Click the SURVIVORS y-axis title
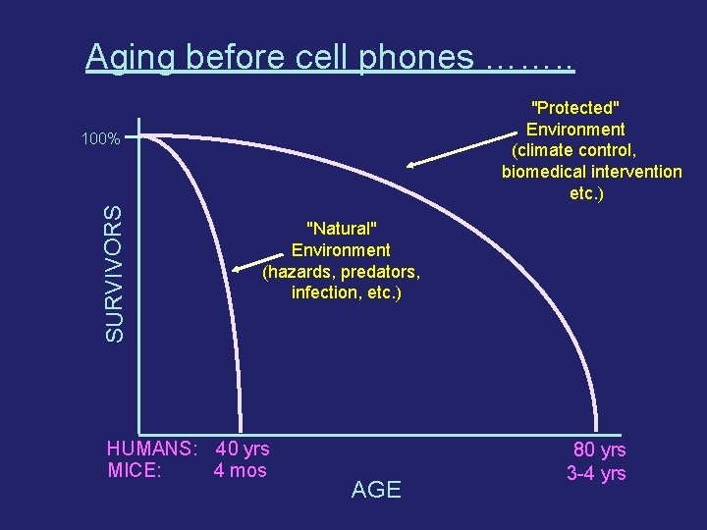click(x=115, y=272)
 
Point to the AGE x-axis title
click(x=376, y=490)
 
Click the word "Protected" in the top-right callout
click(x=575, y=107)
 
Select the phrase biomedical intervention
click(x=591, y=172)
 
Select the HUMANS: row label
click(x=151, y=450)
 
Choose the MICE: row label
click(x=135, y=470)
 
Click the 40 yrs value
click(x=243, y=450)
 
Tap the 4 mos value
click(x=240, y=470)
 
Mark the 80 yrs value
click(x=599, y=450)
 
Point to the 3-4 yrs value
click(x=596, y=473)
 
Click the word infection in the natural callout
click(x=326, y=293)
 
